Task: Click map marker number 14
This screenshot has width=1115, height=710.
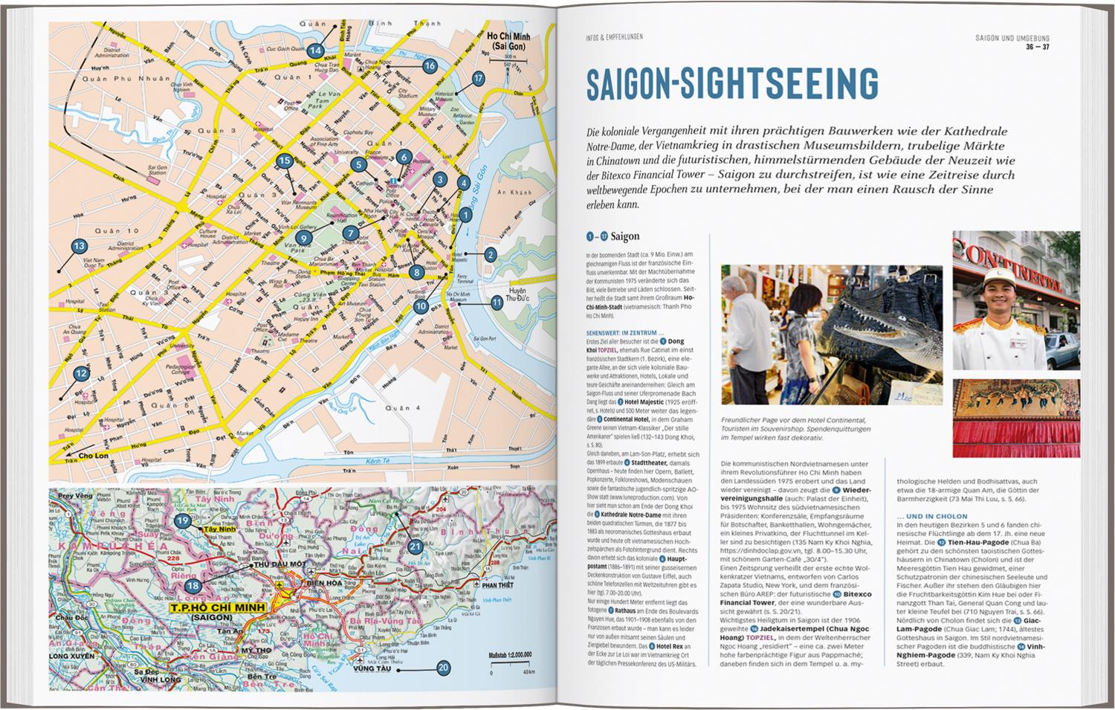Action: point(315,51)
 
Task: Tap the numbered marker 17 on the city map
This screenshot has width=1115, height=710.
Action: point(478,78)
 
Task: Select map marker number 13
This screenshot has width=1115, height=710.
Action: point(79,246)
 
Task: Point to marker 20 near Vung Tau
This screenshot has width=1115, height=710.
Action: point(443,668)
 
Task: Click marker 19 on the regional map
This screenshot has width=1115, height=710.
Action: point(183,521)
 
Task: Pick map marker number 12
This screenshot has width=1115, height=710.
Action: point(81,374)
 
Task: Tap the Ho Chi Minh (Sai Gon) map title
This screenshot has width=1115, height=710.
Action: point(508,41)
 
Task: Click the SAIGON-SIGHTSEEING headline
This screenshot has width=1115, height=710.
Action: point(731,83)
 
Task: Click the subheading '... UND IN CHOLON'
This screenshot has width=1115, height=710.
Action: point(932,516)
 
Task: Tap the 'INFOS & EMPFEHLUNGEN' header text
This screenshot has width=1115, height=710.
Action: point(614,36)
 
